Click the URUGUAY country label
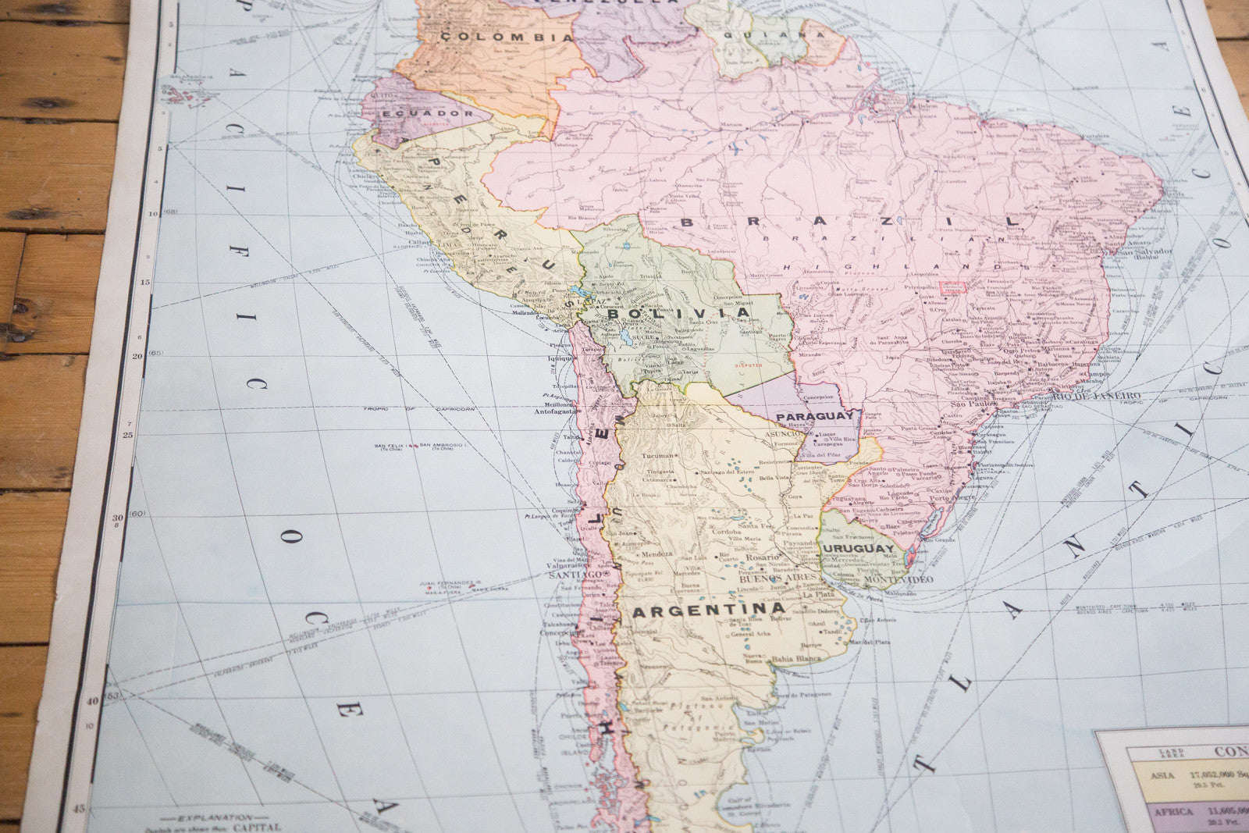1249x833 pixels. [x=857, y=549]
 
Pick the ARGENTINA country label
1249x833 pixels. [x=708, y=610]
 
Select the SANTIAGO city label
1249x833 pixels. [x=574, y=575]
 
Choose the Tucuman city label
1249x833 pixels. [x=657, y=456]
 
